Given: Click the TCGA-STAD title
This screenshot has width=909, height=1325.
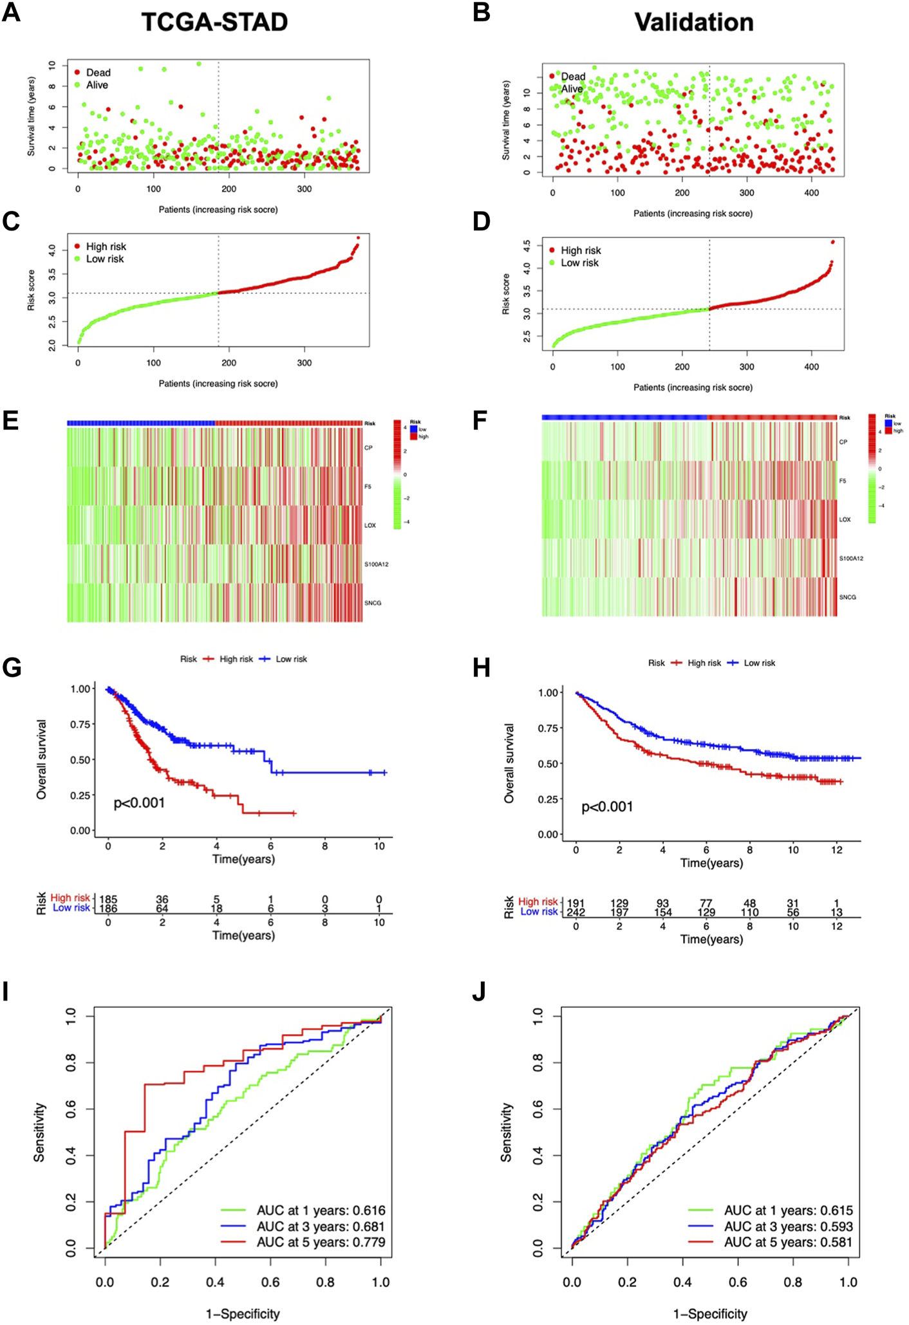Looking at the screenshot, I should coord(214,23).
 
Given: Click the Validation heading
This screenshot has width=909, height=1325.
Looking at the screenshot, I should coord(693,23).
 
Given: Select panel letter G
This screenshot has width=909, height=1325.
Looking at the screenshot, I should coord(12,667).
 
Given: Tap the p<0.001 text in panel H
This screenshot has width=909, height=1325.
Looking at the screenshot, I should coord(607,807).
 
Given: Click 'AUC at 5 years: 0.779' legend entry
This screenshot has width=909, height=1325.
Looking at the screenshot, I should coord(321,1242).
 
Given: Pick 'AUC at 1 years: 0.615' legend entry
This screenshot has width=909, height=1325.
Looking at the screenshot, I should coord(788,1210).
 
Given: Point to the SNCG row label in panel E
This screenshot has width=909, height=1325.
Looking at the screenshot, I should coord(373,603).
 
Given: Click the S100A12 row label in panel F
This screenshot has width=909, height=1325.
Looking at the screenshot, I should coord(850,559).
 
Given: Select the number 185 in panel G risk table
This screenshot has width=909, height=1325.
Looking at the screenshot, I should coord(108,900).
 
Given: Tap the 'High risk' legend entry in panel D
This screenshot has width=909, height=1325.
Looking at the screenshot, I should coord(580,250).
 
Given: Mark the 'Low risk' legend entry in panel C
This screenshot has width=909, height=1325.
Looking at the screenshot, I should coord(105,259).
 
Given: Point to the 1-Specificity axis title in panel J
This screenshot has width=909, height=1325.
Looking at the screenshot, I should coord(710,1313).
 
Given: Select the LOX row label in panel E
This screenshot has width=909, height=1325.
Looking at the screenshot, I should coord(370,526).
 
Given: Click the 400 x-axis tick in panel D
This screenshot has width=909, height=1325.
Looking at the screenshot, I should coord(812,367).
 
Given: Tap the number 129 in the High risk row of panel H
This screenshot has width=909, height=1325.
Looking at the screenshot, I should coord(619,903).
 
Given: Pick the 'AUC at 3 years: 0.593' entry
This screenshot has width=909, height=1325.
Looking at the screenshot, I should coord(788,1227).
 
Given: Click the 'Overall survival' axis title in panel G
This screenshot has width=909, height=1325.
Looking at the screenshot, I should coord(42,759).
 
